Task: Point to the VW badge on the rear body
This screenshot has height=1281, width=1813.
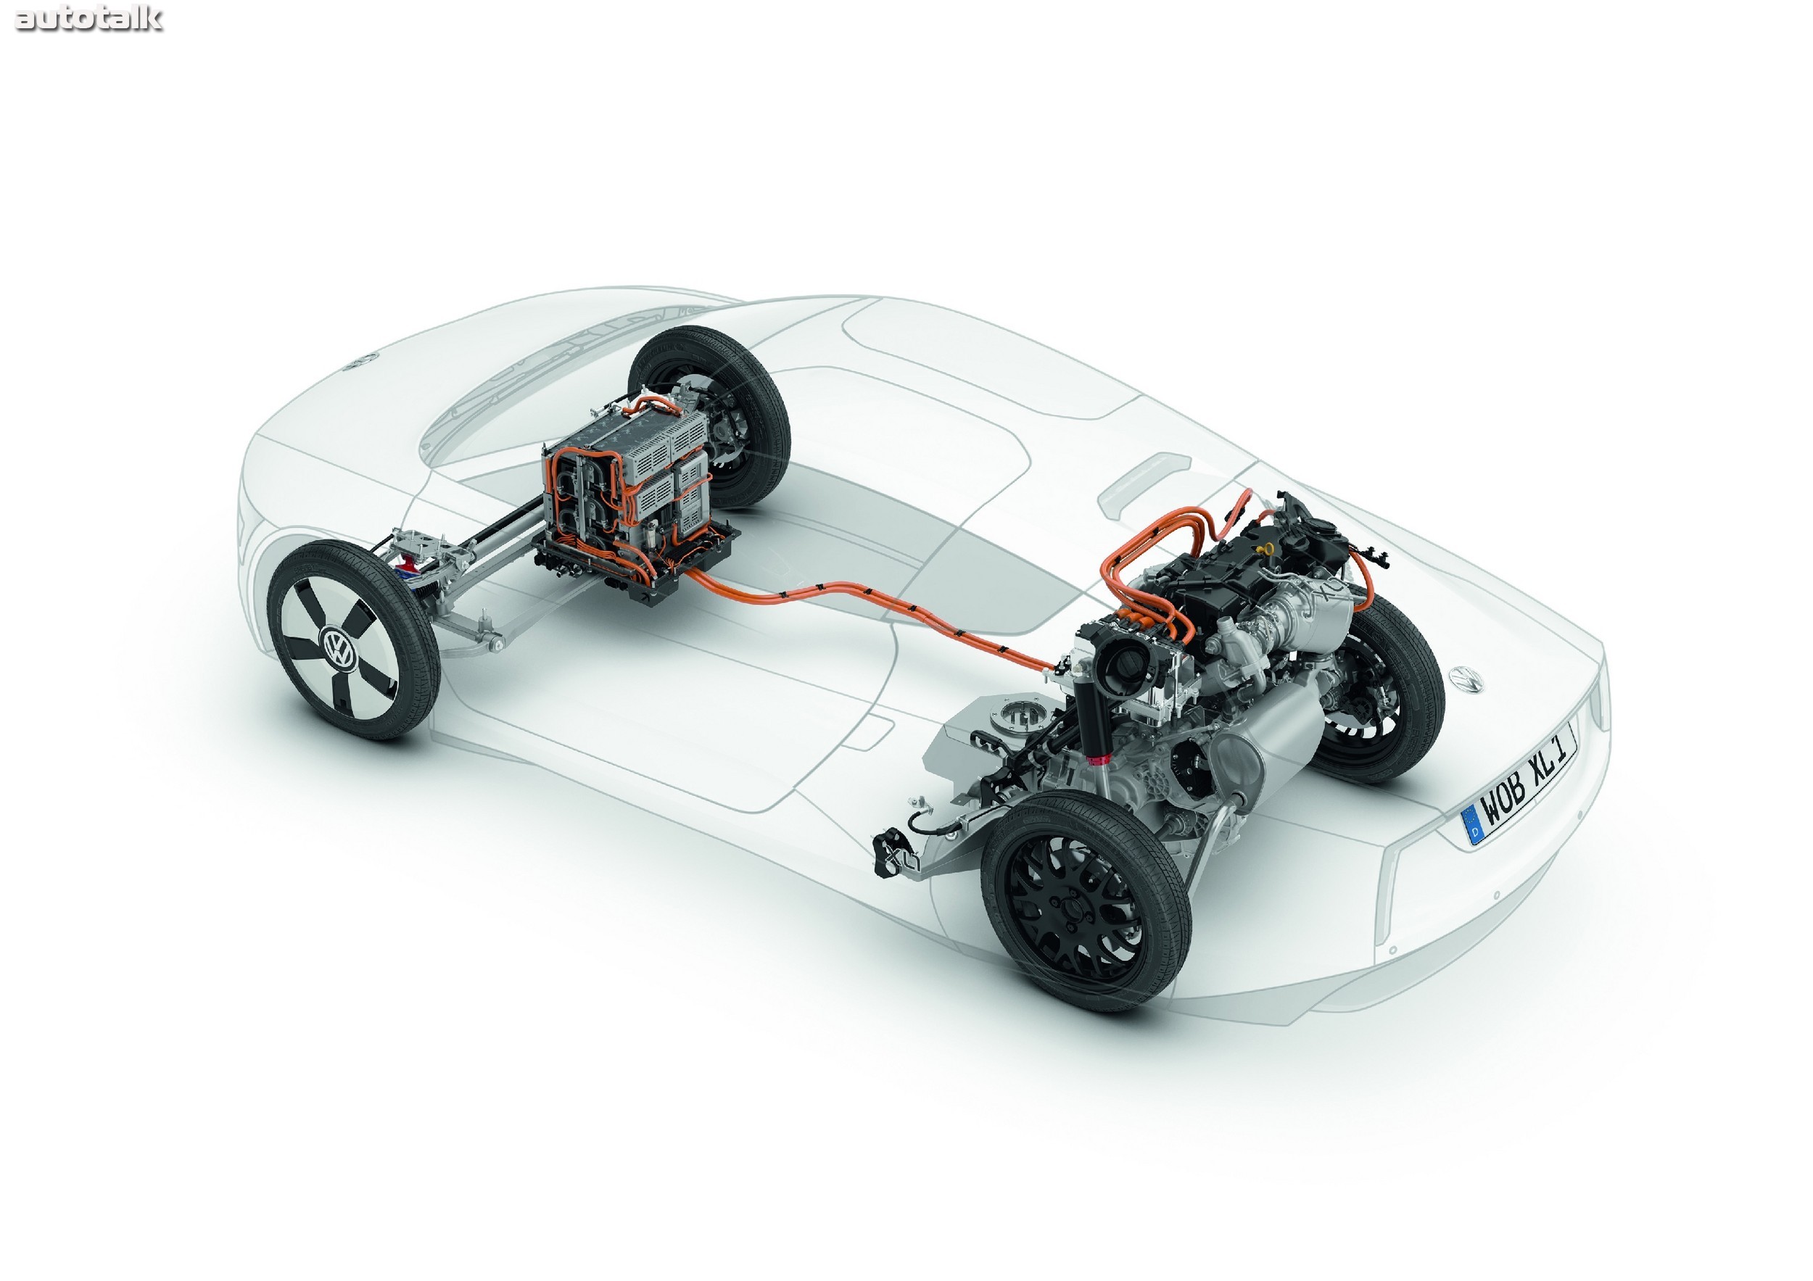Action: click(1466, 679)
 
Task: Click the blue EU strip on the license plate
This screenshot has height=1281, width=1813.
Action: click(1474, 826)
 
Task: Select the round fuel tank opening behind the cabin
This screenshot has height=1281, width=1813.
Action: click(1019, 714)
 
